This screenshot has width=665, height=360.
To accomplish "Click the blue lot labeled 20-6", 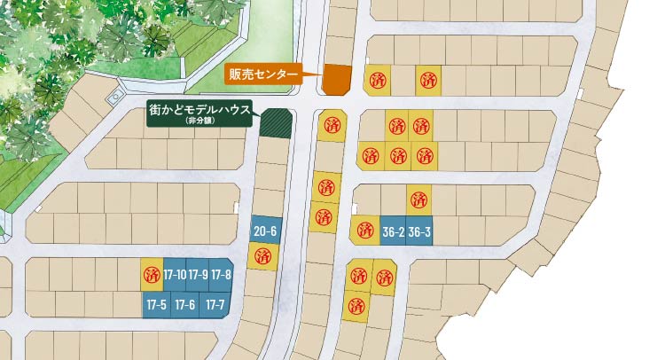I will point(265,231).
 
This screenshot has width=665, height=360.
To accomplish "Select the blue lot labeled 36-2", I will point(393,232).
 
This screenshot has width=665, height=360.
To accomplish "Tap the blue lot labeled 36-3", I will point(419,232).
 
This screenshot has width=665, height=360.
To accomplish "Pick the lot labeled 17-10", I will point(175,275).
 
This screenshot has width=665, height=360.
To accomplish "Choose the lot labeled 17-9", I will point(198,275).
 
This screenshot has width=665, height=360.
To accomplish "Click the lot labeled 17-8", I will point(221,275).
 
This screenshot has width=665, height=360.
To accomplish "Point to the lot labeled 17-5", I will point(156,304).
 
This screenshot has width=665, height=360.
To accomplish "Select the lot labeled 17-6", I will point(184,304).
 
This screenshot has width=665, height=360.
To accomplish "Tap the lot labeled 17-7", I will point(215,304).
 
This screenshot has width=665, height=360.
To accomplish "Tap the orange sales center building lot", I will point(336,79).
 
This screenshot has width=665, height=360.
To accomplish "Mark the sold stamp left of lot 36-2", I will point(365,231).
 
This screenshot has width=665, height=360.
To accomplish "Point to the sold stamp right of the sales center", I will point(379,80).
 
